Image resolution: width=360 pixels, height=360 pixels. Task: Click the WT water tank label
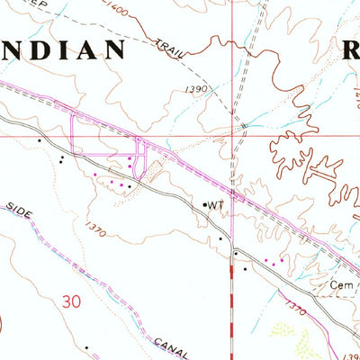[216, 205]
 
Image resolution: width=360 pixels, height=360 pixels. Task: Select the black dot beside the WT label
[205, 205]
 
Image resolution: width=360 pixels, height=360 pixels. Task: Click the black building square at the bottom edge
[86, 346]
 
